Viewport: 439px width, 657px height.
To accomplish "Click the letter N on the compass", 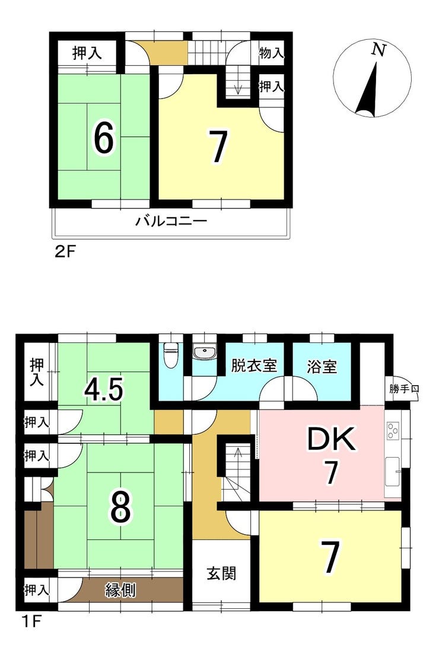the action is click(378, 50).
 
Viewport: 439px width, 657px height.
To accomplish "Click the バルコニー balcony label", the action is click(171, 221).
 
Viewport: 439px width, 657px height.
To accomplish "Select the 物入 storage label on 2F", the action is click(272, 53).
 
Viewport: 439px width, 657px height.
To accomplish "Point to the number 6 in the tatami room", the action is click(103, 138).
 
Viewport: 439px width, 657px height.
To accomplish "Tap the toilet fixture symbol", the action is click(170, 355).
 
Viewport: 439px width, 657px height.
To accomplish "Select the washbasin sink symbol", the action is click(205, 353).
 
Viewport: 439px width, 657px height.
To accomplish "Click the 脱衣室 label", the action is click(255, 366).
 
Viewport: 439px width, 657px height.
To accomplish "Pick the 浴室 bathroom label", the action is click(322, 367).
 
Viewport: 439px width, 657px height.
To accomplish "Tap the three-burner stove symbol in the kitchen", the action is click(393, 430).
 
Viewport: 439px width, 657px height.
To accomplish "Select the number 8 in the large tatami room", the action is click(120, 507).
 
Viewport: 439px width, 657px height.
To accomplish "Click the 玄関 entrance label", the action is click(221, 573).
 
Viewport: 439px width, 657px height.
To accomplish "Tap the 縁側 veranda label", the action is click(120, 590).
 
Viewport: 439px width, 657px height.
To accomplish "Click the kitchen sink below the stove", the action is click(393, 471).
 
